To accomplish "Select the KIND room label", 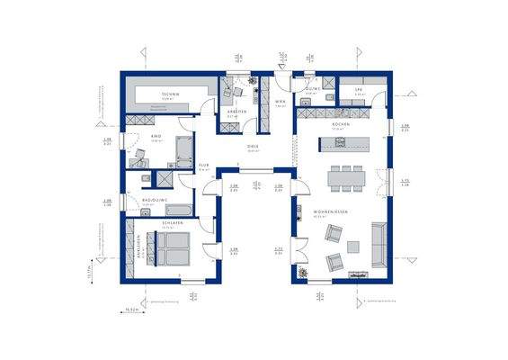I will (x=156, y=137).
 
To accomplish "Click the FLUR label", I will (x=204, y=166).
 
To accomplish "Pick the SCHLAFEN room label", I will (x=173, y=222).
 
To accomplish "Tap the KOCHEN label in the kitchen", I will (x=340, y=124).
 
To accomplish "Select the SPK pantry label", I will (x=358, y=90).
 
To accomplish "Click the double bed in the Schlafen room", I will (x=172, y=248).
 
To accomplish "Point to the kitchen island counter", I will (x=343, y=145).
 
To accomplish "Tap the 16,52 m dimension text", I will (x=134, y=308).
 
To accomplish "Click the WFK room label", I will (x=280, y=103).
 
